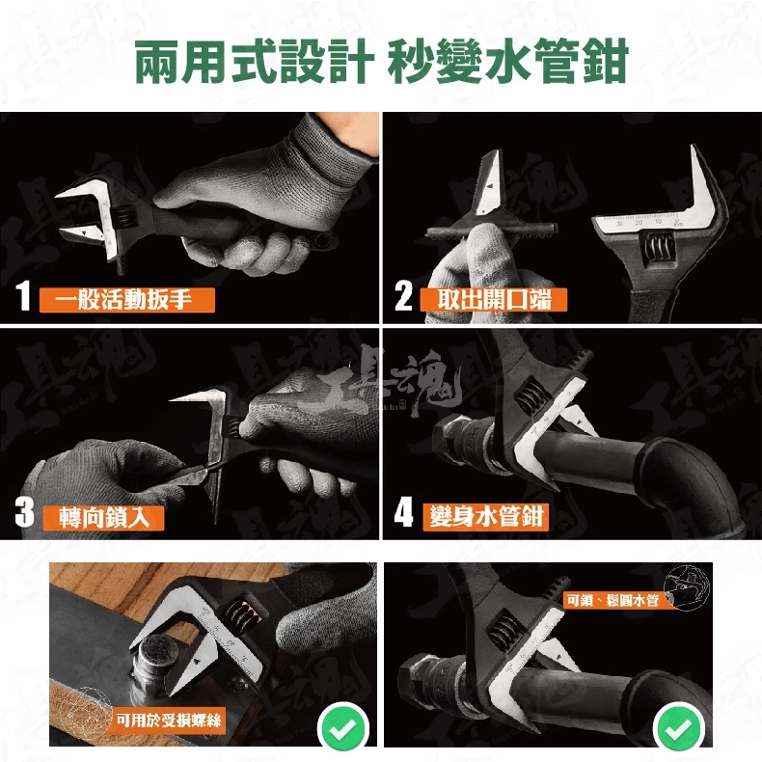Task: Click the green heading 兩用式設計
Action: tap(254, 62)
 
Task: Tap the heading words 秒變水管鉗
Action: tap(507, 62)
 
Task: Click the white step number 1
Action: tap(23, 295)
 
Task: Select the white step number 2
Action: tap(403, 295)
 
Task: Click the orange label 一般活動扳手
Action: tap(126, 300)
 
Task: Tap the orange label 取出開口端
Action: tap(494, 299)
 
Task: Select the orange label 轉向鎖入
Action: tap(103, 518)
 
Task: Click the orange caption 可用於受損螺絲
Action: tap(168, 720)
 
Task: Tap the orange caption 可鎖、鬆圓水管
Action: tap(612, 600)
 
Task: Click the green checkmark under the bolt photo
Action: tap(343, 727)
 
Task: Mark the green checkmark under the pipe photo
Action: tap(679, 727)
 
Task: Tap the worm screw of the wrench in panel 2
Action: tap(660, 251)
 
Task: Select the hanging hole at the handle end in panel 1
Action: tap(323, 240)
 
